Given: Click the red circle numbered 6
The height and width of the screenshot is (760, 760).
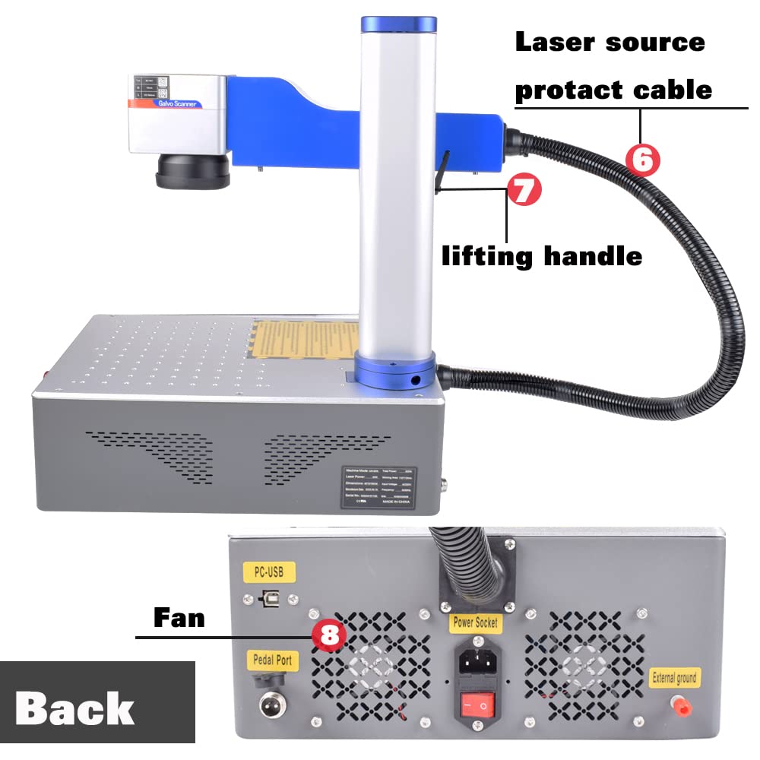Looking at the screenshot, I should (642, 160).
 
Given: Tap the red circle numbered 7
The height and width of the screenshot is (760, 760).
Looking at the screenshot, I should (524, 190).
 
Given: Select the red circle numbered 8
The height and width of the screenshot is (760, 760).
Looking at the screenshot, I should (329, 635).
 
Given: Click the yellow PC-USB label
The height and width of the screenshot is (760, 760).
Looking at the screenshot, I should (268, 572).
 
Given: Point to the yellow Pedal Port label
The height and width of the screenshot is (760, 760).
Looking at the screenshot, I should (273, 660).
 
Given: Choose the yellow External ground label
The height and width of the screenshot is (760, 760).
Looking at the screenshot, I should (675, 676).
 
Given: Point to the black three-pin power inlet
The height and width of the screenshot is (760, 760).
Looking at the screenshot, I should (476, 660).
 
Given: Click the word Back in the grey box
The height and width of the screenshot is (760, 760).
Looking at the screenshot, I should (74, 709).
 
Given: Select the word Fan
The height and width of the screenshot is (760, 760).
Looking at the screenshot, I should (179, 618).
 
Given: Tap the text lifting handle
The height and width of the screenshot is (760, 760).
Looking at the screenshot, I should (542, 256).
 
